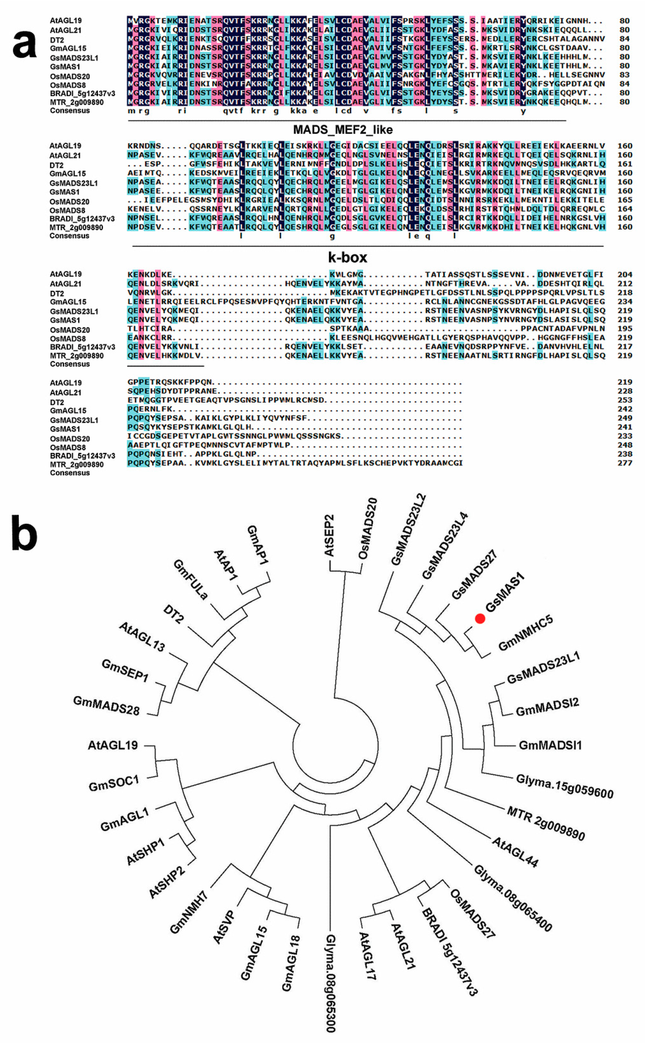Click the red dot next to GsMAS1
480,618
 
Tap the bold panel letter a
24,44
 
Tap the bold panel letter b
24,533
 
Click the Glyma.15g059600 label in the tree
564,786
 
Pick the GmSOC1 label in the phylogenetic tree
114,783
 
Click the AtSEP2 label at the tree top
329,536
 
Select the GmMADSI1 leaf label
550,745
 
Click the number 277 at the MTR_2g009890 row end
624,463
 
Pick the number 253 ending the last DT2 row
624,400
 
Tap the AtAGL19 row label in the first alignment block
66,21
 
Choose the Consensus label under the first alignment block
70,110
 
